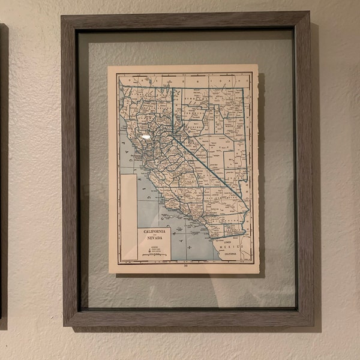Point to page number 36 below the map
(x=186, y=266)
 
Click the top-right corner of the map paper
(x=257, y=65)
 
